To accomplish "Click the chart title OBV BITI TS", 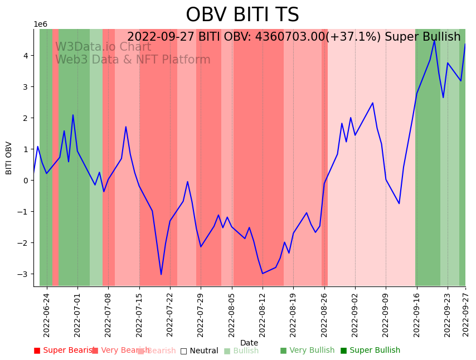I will [x=242, y=15].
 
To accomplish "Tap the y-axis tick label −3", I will [x=25, y=274].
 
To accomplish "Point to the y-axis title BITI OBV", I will [x=9, y=158].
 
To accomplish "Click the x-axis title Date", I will [x=249, y=343].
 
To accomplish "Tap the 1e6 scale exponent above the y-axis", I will [x=41, y=24].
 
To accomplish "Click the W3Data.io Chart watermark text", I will [x=103, y=47].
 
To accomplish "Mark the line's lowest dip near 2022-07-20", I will [x=161, y=274].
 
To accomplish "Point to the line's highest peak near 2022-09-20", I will [x=434, y=40].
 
